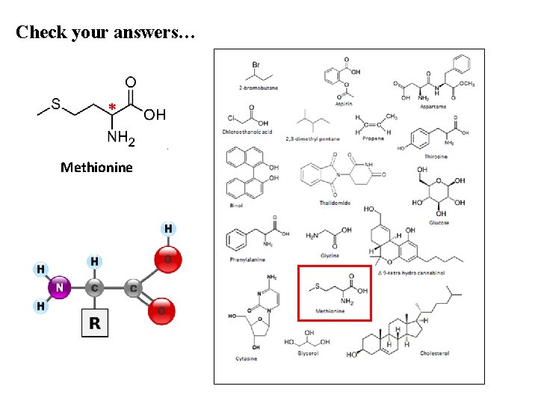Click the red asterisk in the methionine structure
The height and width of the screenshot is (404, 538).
(111, 107)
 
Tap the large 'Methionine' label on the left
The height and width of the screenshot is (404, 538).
(96, 167)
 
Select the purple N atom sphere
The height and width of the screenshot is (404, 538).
(60, 286)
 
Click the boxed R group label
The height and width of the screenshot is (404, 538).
(95, 323)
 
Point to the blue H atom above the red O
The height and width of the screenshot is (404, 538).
(169, 228)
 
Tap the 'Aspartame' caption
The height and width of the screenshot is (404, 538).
(433, 107)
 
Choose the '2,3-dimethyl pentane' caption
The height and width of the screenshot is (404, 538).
(312, 138)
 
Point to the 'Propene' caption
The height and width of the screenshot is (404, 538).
(373, 138)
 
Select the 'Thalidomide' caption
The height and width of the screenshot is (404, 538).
(334, 203)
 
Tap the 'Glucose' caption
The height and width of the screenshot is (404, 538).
(439, 222)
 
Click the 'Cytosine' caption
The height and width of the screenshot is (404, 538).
(247, 358)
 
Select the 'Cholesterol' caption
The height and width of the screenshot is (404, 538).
(434, 353)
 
